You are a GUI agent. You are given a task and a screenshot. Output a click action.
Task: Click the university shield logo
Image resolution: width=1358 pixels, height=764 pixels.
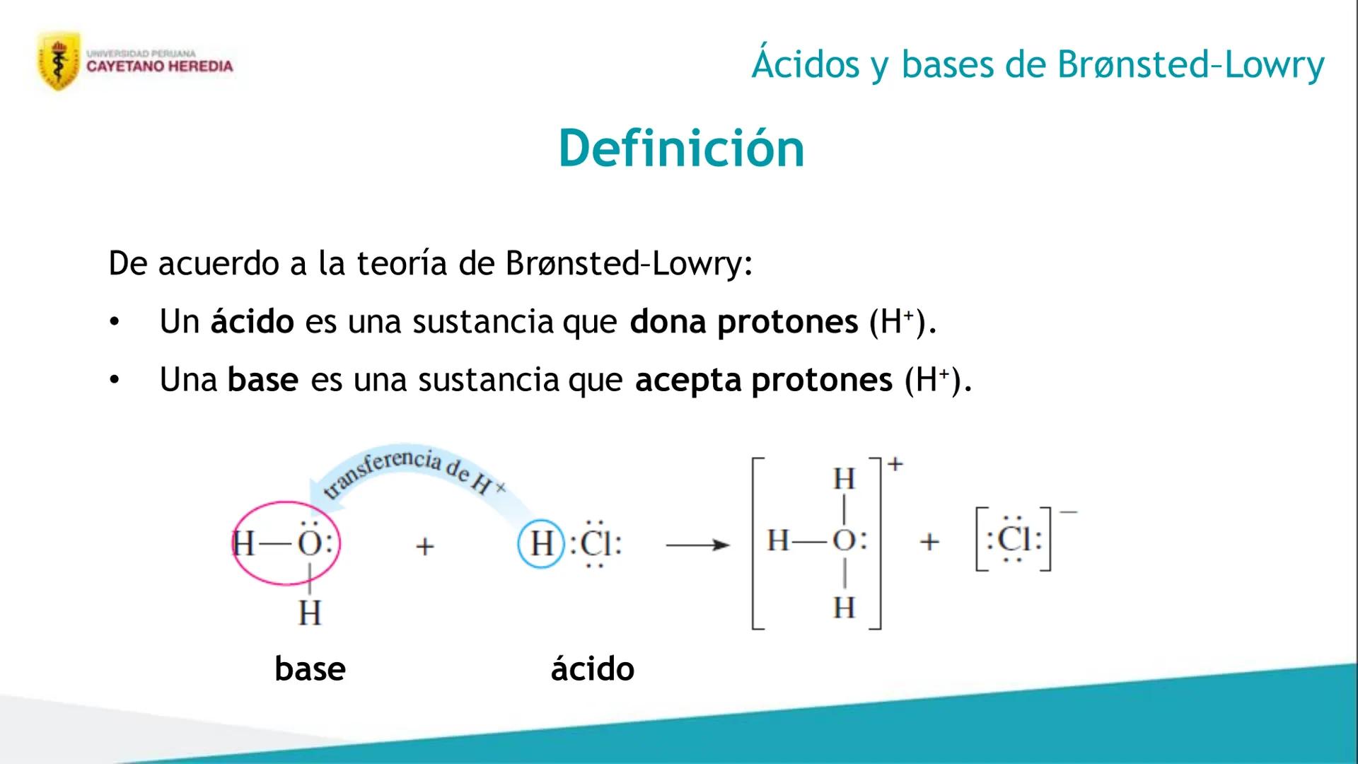tap(59, 61)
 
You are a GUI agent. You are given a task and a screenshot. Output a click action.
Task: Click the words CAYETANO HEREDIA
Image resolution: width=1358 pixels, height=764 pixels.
tap(159, 66)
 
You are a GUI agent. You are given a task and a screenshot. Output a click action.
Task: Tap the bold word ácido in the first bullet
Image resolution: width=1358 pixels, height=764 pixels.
tap(252, 322)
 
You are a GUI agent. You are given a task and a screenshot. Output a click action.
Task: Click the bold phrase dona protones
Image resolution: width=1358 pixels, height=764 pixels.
tap(743, 322)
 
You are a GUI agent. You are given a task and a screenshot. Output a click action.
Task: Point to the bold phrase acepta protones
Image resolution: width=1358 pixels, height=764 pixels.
tap(763, 380)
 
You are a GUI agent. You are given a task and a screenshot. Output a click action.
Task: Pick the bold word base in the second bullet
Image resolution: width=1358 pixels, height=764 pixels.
tap(262, 380)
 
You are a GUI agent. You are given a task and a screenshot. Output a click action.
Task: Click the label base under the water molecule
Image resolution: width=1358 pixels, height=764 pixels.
tap(310, 668)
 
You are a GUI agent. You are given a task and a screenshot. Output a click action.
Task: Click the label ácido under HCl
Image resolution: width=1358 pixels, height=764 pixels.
tap(593, 668)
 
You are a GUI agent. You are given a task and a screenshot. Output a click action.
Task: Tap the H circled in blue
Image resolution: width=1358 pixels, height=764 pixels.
tap(542, 544)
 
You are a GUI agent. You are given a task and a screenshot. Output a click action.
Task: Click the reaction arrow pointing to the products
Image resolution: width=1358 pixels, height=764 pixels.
tap(697, 545)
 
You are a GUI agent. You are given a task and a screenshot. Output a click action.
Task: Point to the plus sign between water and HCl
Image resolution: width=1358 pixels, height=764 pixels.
tap(424, 546)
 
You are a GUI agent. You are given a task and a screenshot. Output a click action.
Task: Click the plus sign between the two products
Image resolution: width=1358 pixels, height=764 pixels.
tap(929, 543)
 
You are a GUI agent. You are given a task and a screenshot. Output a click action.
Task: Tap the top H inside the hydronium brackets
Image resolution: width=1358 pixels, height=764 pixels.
tap(844, 480)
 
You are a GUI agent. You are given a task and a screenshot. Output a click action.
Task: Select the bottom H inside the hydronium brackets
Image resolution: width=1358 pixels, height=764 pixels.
tap(844, 608)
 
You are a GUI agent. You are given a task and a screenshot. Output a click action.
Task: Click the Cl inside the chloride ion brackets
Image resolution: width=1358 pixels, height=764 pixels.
tap(1014, 539)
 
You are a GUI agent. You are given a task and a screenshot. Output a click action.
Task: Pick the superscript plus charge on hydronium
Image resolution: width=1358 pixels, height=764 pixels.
tap(895, 464)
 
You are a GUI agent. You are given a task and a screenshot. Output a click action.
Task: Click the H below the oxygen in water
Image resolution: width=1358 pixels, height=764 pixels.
tap(310, 613)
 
